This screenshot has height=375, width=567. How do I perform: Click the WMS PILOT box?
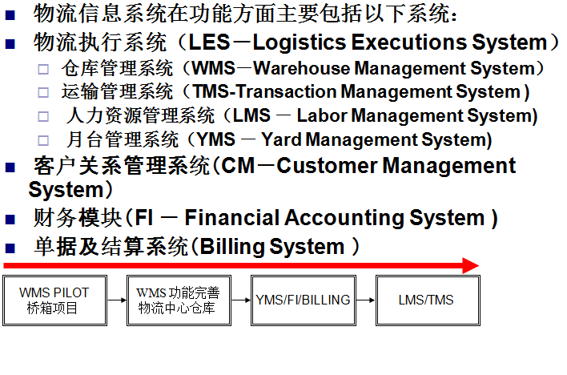pos(54,300)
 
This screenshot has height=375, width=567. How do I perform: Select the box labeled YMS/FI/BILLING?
pos(304,300)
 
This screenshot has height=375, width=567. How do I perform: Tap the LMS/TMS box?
pos(428,300)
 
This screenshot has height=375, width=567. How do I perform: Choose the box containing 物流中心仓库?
pos(179,300)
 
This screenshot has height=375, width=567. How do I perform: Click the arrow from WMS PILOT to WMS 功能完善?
pos(117,300)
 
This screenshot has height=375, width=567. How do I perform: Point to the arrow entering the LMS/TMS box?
pos(366,300)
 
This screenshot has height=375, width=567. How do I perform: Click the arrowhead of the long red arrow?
pos(471,266)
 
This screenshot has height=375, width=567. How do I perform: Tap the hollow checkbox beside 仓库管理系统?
pos(43,69)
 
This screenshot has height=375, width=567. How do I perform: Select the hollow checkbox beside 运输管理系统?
pos(43,93)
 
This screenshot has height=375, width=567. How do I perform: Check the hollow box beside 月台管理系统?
pos(43,140)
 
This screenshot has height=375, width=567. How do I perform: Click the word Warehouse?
pos(301,68)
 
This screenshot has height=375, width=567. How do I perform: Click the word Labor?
pos(322,115)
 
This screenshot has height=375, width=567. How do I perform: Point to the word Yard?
pos(281,139)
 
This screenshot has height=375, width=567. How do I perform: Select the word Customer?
pos(327,166)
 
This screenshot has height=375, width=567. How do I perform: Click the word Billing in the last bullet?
pos(231,247)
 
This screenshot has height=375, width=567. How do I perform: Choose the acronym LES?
pos(209,42)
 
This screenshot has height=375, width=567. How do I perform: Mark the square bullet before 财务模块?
pos(10,220)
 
